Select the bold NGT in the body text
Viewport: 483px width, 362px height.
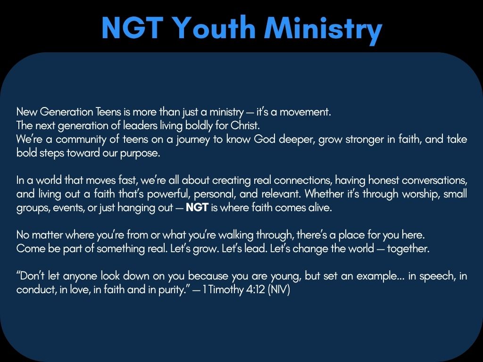click(197, 208)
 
